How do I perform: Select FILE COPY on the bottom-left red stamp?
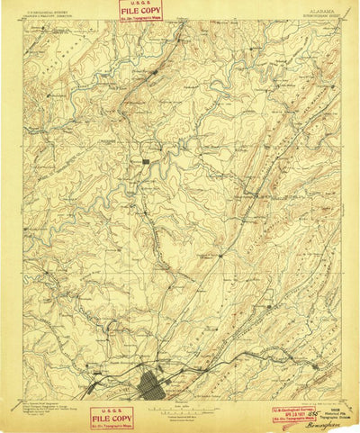coord(112,419)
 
